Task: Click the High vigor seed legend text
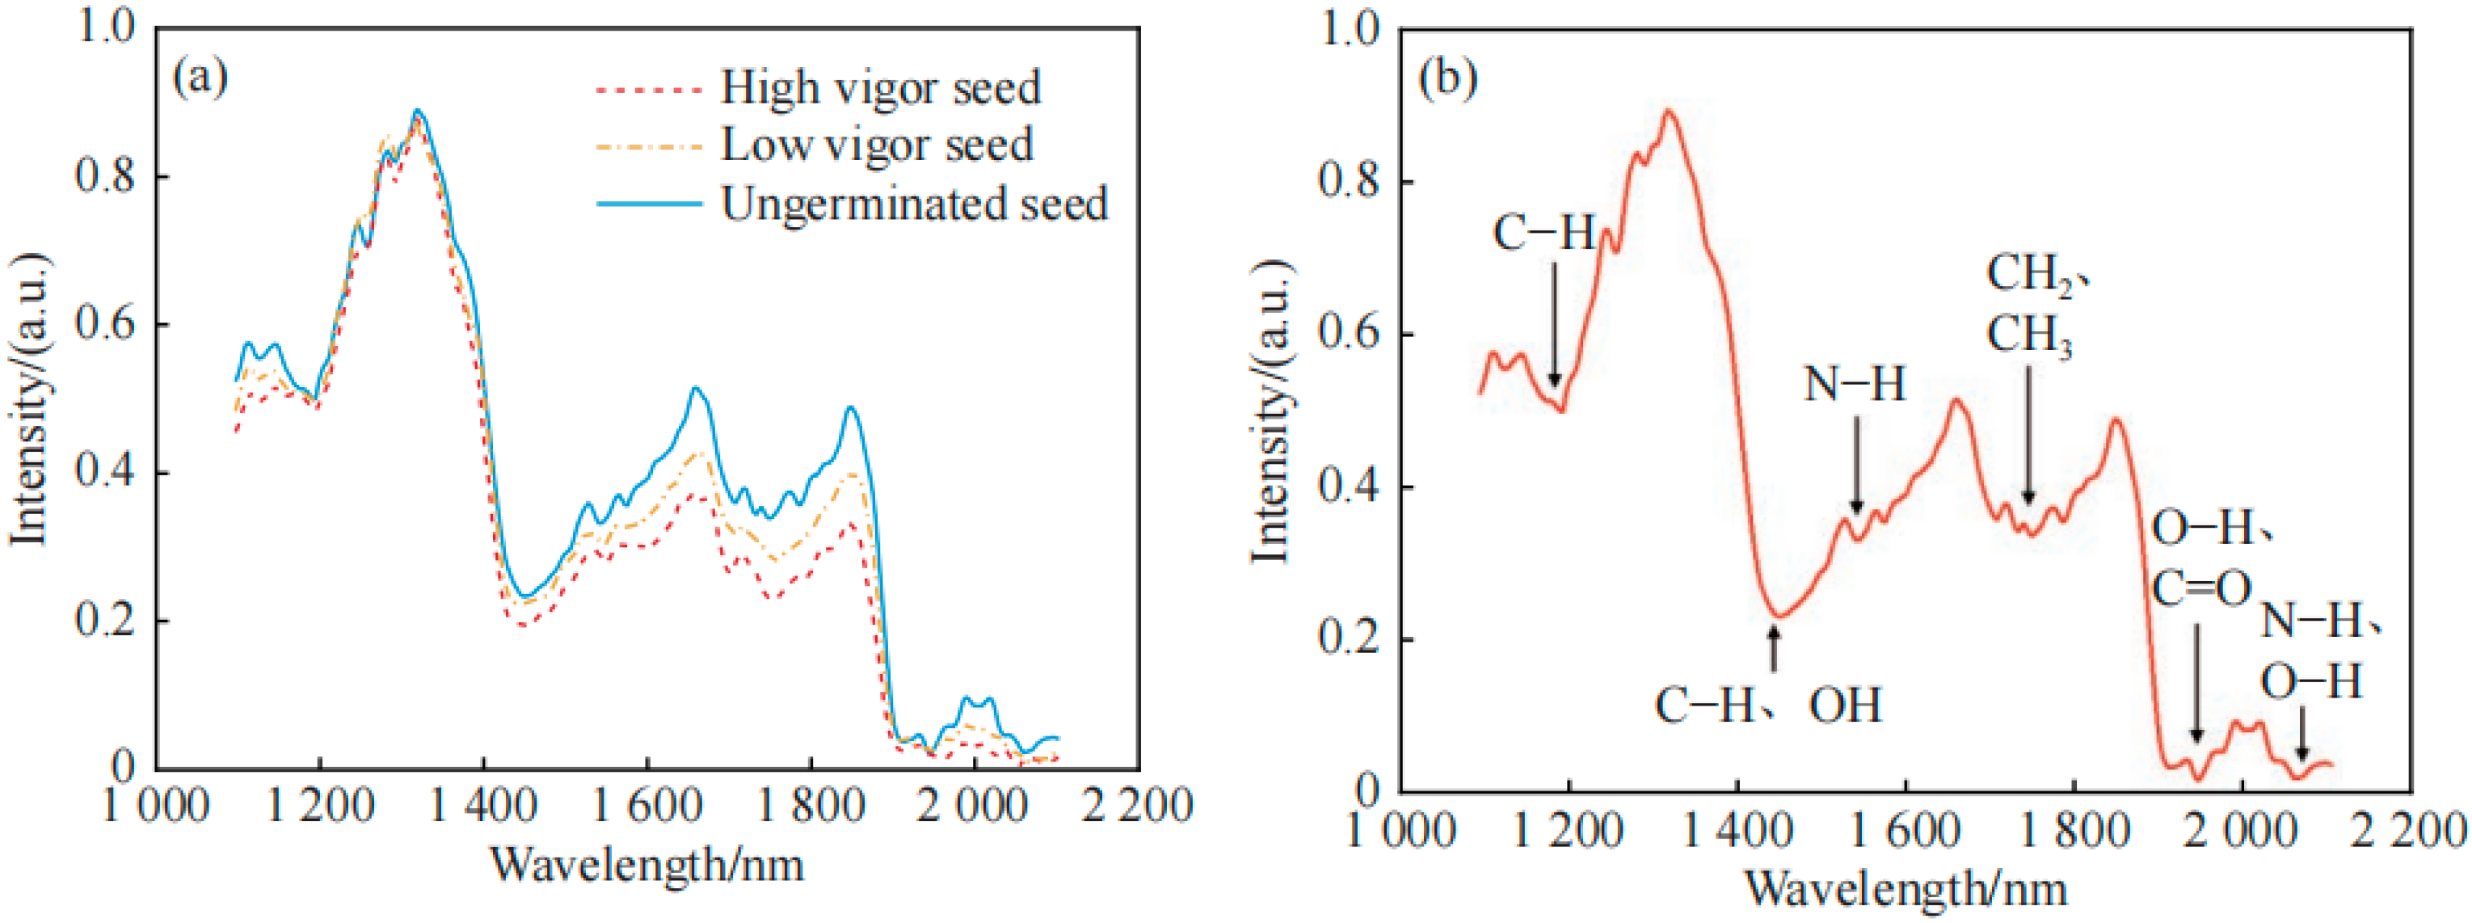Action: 880,88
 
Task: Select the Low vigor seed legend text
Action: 876,145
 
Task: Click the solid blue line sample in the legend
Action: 649,204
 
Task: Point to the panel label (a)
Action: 200,77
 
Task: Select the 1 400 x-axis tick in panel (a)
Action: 482,804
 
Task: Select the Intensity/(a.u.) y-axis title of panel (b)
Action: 1270,411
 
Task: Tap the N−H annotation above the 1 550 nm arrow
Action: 1854,385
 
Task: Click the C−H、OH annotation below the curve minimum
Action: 1767,706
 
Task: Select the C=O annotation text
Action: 2200,588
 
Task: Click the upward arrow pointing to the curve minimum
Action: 1773,647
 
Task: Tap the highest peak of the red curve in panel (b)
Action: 1669,112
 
